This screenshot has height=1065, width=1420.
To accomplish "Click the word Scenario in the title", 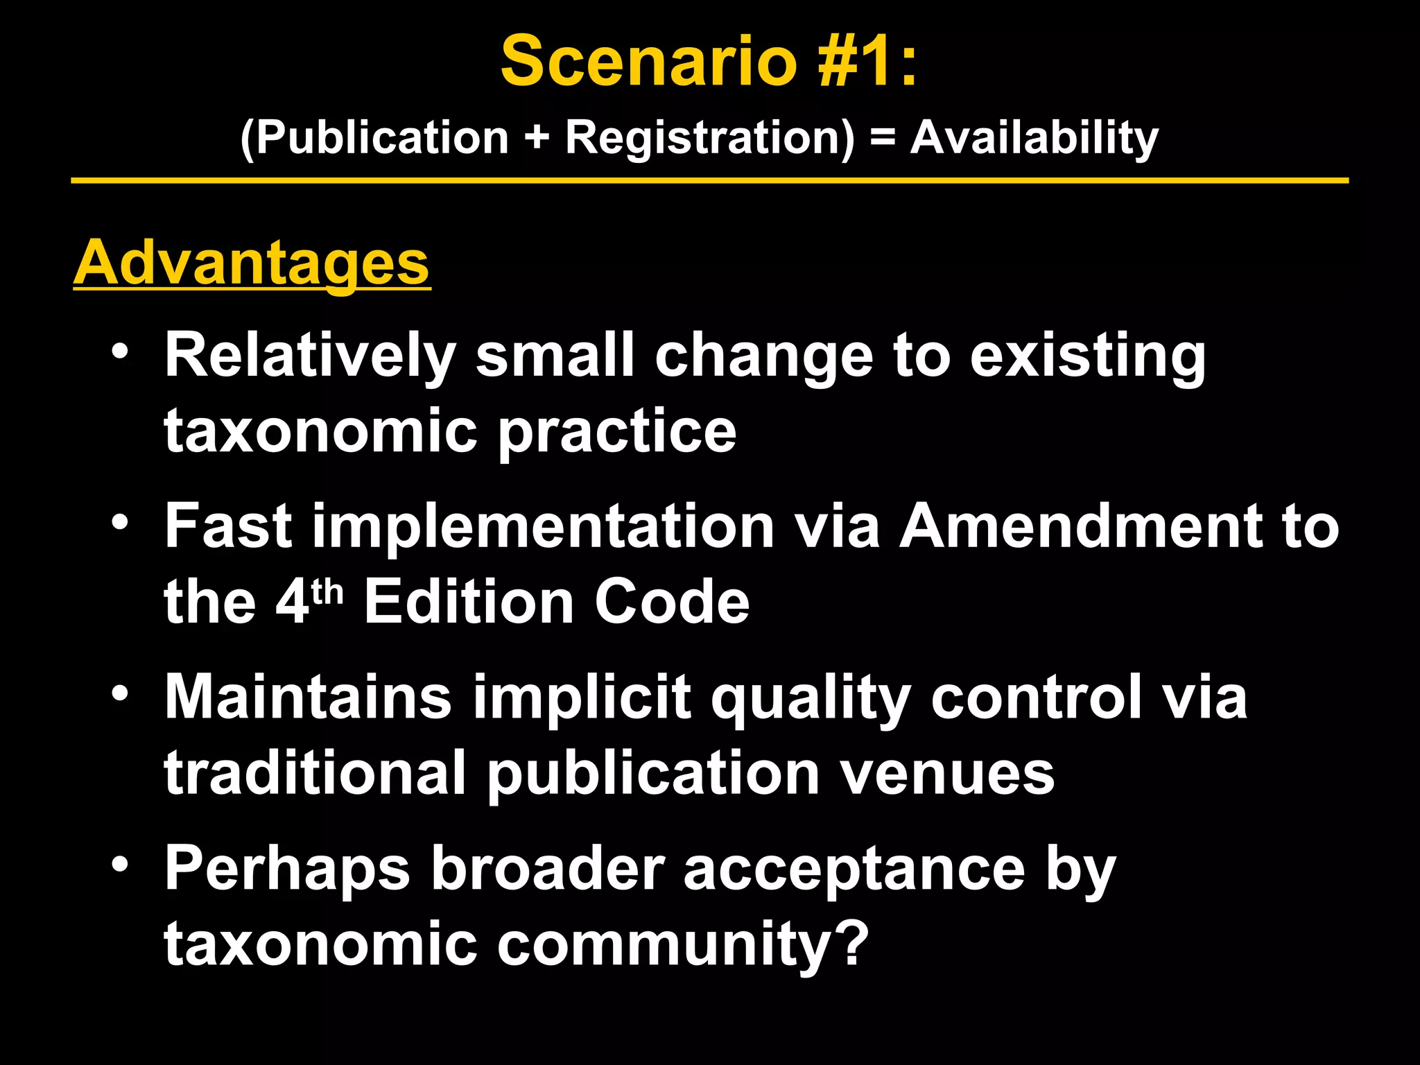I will (x=649, y=62).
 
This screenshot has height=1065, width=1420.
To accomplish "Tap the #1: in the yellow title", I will (x=867, y=62).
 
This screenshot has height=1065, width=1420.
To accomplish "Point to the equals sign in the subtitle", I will (x=882, y=137).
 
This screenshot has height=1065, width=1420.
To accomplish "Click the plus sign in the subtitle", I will (x=537, y=137).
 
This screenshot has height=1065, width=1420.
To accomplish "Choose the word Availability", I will (x=1034, y=137).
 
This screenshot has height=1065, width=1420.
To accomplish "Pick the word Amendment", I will (x=1081, y=527).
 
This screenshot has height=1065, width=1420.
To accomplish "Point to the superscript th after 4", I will (x=327, y=591).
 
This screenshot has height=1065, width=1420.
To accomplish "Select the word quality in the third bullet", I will (x=810, y=699).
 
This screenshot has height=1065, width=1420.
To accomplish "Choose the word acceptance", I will (x=854, y=869).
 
